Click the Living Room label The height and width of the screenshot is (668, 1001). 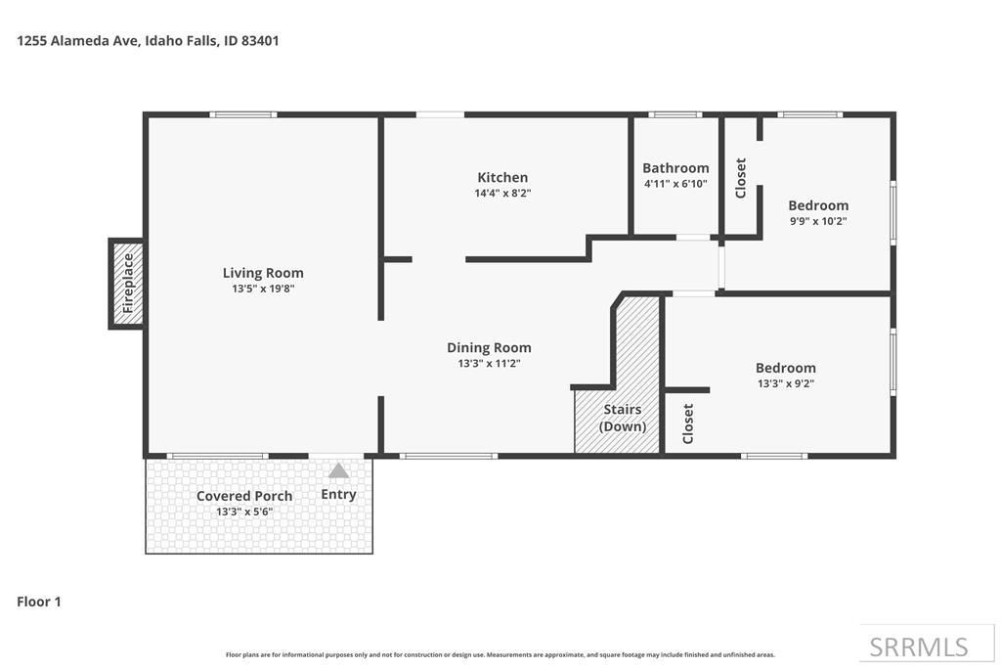263,273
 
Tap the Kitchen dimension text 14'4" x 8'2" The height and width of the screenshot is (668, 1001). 502,194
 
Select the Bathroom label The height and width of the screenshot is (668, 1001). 675,168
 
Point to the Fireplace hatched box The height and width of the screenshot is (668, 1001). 127,284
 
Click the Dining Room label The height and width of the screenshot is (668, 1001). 489,347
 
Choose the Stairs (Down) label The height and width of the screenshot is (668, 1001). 623,418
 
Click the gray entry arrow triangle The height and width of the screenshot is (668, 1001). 338,471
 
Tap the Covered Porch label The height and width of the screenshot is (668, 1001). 244,496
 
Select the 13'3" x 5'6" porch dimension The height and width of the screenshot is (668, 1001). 244,512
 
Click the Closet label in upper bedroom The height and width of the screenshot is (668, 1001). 741,178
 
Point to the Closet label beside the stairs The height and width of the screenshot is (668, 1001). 688,423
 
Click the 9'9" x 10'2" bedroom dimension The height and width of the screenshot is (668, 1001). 818,221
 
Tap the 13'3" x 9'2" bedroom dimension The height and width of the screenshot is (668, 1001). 785,383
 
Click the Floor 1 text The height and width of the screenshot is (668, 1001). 39,601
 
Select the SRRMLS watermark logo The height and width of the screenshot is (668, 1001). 919,646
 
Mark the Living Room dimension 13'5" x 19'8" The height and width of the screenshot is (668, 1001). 263,289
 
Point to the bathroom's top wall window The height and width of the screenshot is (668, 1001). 675,115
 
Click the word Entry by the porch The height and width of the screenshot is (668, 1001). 338,495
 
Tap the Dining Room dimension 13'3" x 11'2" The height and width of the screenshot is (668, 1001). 489,363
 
